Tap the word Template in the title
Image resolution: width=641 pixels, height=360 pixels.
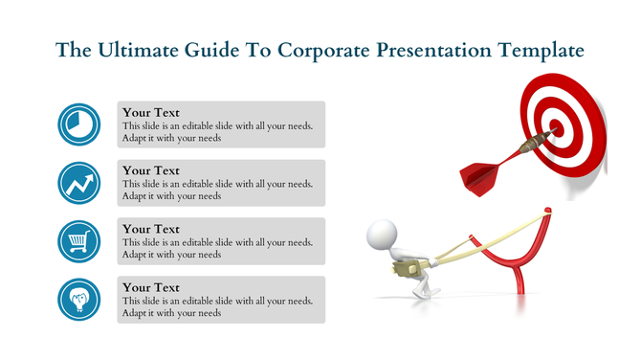click(537, 51)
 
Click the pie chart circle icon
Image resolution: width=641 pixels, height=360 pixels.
click(79, 124)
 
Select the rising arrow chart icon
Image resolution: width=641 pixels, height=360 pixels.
click(79, 182)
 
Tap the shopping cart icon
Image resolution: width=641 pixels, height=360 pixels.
click(79, 240)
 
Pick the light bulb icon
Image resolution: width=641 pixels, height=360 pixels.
click(79, 299)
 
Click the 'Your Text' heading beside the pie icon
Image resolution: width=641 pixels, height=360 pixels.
click(151, 113)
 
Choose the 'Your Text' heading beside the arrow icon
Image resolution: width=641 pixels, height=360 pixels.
click(151, 171)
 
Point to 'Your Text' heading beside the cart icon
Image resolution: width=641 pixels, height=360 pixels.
click(151, 230)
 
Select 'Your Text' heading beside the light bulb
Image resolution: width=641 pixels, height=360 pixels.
click(151, 287)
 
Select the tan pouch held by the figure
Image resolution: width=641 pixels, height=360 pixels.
click(403, 269)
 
